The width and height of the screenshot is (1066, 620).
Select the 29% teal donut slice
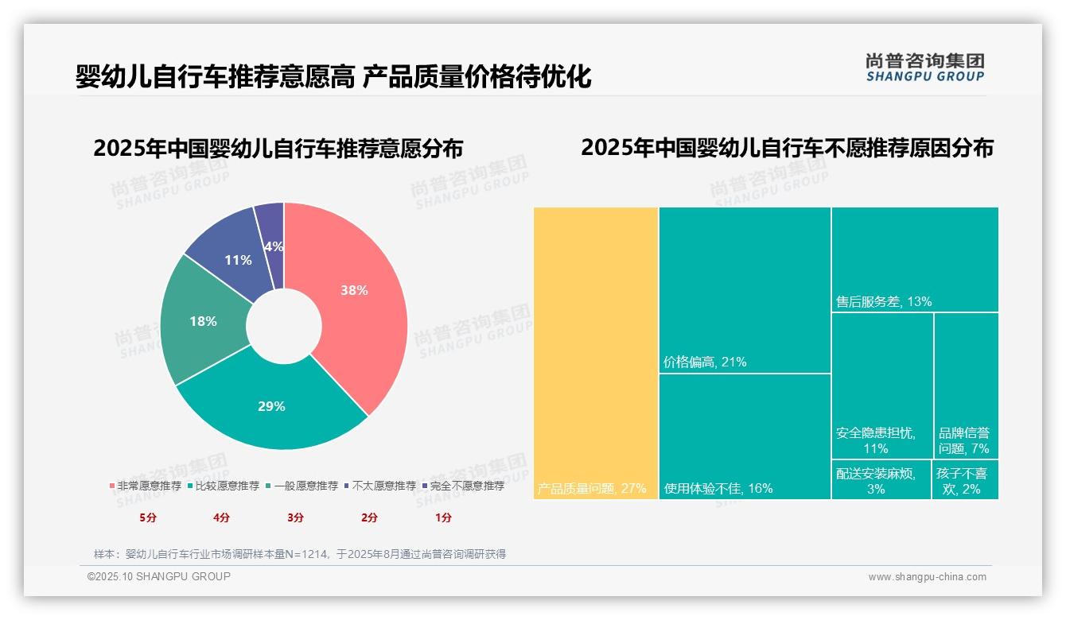tap(271, 407)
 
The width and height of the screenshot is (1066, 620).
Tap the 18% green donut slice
tap(203, 322)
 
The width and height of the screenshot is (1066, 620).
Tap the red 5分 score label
tap(148, 517)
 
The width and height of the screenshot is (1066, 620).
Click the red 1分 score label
tap(443, 517)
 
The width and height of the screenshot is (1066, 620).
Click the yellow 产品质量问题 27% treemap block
tap(596, 353)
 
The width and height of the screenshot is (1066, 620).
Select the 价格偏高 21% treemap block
tap(745, 289)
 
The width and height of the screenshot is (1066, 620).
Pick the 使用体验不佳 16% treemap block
tap(745, 436)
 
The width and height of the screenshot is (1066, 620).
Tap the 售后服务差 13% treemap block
tap(915, 259)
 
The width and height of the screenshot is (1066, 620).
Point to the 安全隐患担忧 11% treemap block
tap(882, 386)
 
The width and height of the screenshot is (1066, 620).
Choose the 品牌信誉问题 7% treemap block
tap(966, 386)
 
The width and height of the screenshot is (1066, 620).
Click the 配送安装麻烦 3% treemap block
tap(881, 480)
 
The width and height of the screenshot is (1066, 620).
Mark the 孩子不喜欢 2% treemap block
tap(965, 480)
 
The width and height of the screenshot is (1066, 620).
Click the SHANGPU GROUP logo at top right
tap(924, 67)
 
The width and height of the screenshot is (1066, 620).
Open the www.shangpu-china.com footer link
tap(927, 577)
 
